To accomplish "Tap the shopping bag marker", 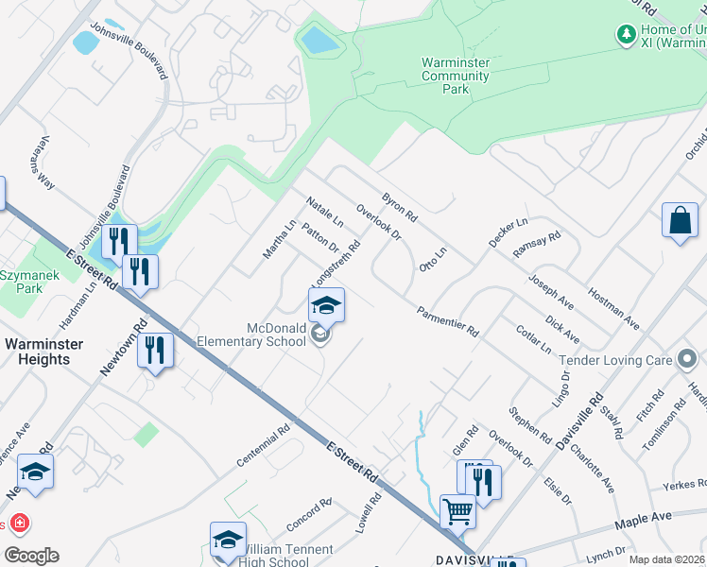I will pyautogui.click(x=680, y=222).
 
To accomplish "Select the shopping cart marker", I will pyautogui.click(x=457, y=513).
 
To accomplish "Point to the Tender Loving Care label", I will pyautogui.click(x=615, y=360).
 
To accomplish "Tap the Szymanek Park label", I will pyautogui.click(x=21, y=281).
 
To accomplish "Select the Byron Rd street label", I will pyautogui.click(x=399, y=209).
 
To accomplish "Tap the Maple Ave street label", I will pyautogui.click(x=642, y=519).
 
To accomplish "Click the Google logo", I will pyautogui.click(x=31, y=556).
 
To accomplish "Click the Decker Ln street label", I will pyautogui.click(x=508, y=232).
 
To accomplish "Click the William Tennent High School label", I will pyautogui.click(x=287, y=556).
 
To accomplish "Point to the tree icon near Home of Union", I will pyautogui.click(x=625, y=35).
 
